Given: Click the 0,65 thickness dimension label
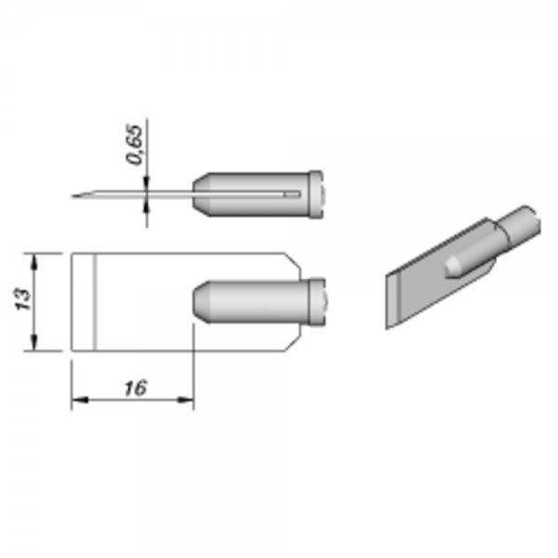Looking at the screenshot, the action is (135, 145).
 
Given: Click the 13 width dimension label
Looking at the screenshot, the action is (24, 299).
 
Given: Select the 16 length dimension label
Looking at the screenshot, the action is (136, 388).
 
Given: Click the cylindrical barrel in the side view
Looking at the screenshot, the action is (251, 194).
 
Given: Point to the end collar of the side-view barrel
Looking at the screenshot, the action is (316, 194).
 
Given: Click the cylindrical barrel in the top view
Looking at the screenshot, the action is (251, 301).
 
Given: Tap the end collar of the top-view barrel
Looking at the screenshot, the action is (317, 301).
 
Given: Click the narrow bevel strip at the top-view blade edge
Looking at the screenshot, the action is (84, 301).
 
